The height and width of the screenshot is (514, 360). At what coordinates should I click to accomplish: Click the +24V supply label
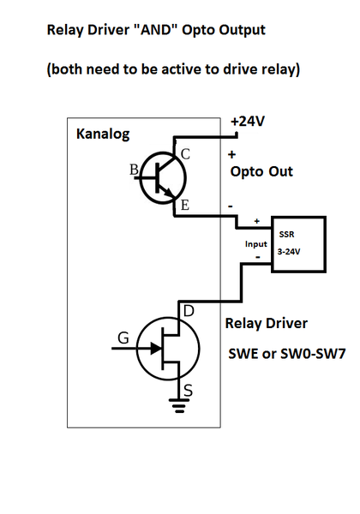click(248, 122)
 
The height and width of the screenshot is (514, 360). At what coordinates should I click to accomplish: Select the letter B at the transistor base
click(134, 170)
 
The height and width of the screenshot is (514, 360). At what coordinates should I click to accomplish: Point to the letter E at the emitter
click(183, 205)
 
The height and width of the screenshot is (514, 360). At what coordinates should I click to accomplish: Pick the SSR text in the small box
click(285, 234)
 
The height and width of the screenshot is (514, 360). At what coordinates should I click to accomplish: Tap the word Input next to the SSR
click(256, 243)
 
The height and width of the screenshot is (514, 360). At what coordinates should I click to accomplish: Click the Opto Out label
click(261, 171)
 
